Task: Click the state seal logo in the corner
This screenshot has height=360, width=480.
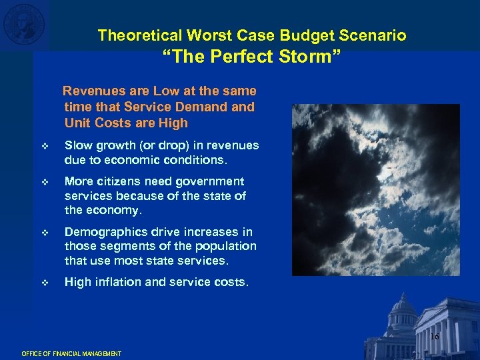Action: point(25,25)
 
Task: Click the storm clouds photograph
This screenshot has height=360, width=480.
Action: point(375,189)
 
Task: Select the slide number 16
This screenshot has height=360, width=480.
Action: point(434,337)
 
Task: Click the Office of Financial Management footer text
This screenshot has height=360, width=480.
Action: point(71,353)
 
